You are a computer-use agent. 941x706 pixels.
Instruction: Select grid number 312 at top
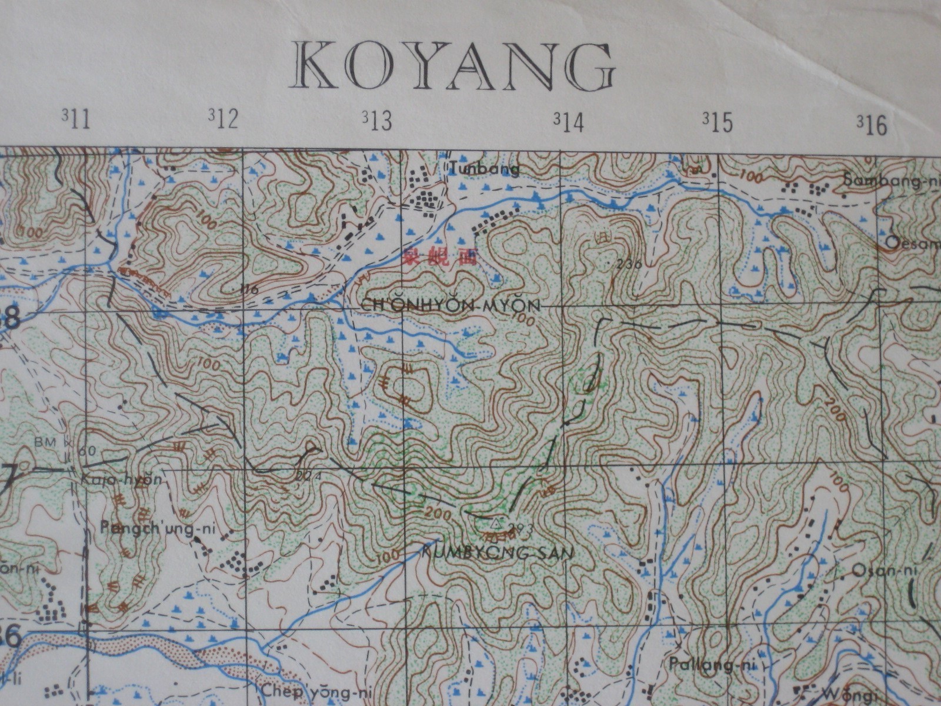[223, 120]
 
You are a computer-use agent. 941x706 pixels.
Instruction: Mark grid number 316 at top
[872, 125]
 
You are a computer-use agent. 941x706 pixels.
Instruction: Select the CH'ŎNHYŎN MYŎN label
[449, 306]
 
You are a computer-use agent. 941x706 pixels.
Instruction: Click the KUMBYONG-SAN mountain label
[498, 552]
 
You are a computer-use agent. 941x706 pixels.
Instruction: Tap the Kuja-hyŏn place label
[121, 479]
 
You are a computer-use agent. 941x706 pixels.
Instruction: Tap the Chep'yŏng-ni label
[309, 691]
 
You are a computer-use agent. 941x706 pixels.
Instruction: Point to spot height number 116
[249, 289]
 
